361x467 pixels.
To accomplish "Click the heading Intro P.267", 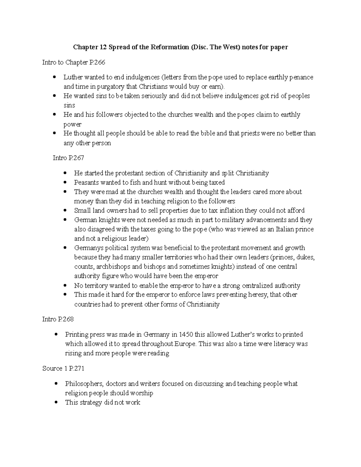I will (x=68, y=158).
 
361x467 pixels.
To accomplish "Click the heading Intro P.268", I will (x=58, y=319).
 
